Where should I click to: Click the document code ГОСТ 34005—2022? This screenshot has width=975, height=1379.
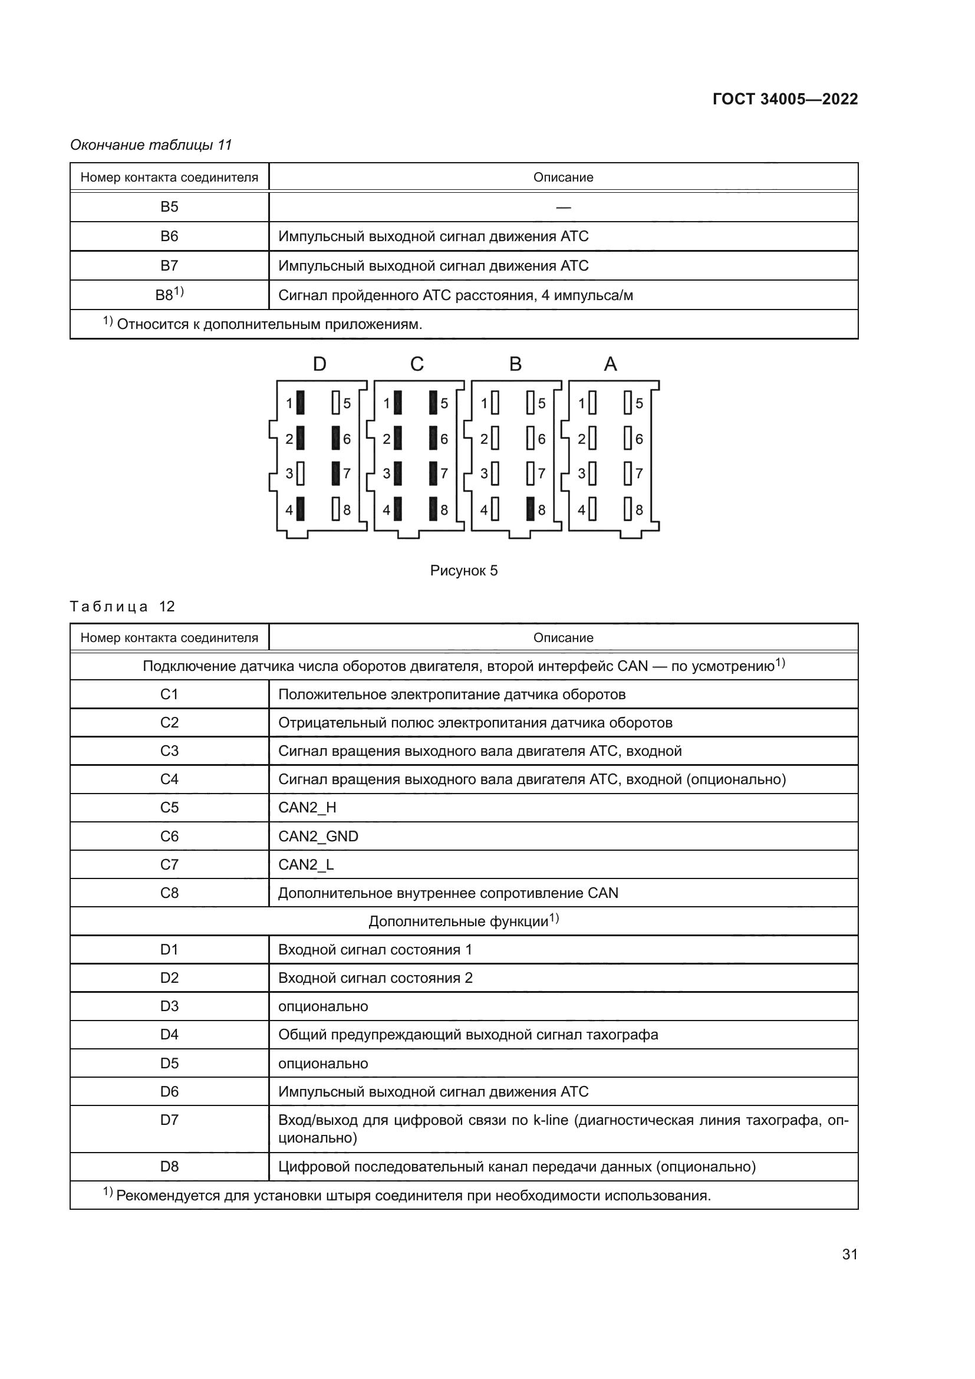[x=785, y=99]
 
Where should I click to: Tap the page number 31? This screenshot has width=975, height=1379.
[x=849, y=1254]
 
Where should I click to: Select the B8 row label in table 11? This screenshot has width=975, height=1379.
[x=169, y=295]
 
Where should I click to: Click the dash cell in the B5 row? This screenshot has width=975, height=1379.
[x=563, y=207]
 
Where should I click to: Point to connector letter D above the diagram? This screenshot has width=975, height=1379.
[x=319, y=364]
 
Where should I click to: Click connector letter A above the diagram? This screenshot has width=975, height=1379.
[x=610, y=364]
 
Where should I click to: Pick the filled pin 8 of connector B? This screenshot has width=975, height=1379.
[x=530, y=509]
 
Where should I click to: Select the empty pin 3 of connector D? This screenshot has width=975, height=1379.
[x=301, y=473]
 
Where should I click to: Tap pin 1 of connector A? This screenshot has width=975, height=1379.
[x=592, y=403]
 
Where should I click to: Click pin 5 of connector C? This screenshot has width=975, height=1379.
[x=433, y=403]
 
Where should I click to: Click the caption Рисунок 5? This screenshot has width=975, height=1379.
[x=463, y=571]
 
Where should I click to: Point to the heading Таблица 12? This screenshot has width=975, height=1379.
[x=122, y=607]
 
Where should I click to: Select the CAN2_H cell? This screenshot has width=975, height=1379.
[x=307, y=808]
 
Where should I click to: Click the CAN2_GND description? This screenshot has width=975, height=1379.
[x=318, y=837]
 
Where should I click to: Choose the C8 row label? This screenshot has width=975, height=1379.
[x=169, y=893]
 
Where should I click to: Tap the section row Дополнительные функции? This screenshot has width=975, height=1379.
[x=463, y=921]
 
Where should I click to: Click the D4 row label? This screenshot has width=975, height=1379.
[x=169, y=1035]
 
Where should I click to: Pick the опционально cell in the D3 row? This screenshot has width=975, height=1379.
[x=323, y=1006]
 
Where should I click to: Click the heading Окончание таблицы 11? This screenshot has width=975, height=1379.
[x=151, y=145]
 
